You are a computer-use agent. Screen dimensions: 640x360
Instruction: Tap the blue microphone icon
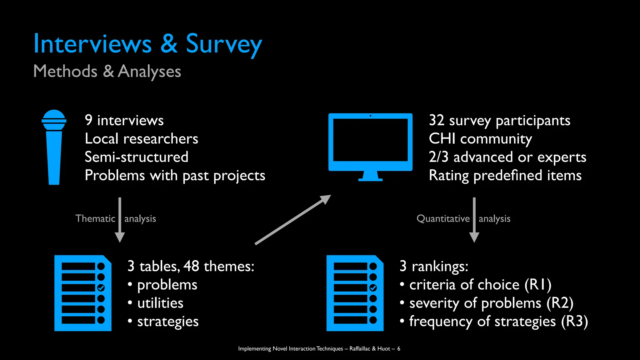tap(54, 147)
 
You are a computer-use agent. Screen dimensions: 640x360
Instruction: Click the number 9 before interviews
tap(89, 120)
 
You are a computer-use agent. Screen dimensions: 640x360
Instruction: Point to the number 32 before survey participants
tap(437, 120)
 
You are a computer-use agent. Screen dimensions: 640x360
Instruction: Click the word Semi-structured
tap(137, 157)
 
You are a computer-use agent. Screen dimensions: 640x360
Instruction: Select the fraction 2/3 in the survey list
tap(438, 157)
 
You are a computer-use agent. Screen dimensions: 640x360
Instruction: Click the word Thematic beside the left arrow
tap(95, 218)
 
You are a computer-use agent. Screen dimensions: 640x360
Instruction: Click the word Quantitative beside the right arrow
tap(443, 218)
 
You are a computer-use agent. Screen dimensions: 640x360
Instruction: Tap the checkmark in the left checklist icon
tap(101, 288)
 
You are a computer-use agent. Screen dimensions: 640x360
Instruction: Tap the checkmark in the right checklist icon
tap(373, 288)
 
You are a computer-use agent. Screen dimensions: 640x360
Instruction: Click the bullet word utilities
tap(160, 303)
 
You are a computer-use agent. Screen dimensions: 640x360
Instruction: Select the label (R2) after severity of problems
tap(560, 303)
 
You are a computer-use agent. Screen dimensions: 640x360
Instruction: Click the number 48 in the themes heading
tap(191, 266)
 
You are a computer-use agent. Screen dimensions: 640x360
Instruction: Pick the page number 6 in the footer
tap(399, 348)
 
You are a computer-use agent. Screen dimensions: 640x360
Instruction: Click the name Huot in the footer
tap(384, 348)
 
